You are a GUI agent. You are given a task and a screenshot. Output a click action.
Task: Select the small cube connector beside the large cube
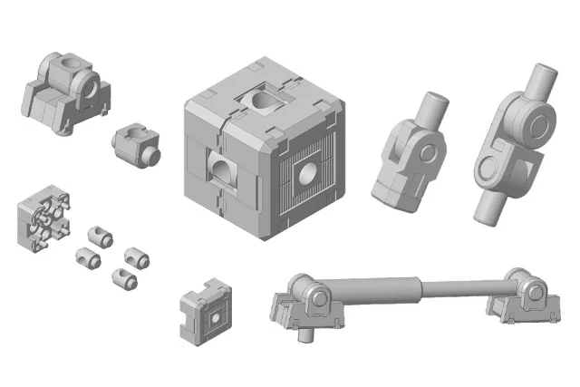click(136, 146)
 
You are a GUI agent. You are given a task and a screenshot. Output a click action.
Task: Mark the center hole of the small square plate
click(214, 317)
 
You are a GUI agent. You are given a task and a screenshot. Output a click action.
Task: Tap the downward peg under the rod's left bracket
click(304, 334)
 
